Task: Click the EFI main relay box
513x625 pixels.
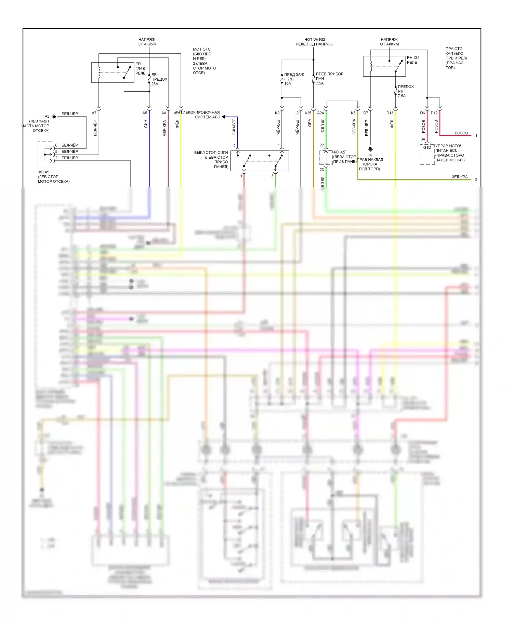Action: tap(113, 72)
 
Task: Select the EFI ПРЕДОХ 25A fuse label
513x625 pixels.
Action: tap(159, 79)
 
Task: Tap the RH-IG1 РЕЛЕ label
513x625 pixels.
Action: tap(413, 60)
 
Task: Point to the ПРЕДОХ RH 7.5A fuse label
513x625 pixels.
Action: tap(405, 91)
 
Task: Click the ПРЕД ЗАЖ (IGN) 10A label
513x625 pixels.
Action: tap(294, 79)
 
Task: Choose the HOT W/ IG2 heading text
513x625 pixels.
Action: tap(314, 39)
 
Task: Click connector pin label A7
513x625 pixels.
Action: tap(94, 113)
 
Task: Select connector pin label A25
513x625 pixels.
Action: tap(308, 113)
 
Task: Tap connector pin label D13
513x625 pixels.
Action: tap(390, 113)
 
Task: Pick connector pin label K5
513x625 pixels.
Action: tap(353, 113)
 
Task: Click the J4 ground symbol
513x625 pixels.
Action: tap(370, 149)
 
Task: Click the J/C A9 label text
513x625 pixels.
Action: tap(43, 172)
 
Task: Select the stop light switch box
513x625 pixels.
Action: tap(260, 161)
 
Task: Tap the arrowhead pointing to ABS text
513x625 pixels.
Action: tap(223, 117)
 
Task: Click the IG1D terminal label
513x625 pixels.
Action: tap(426, 147)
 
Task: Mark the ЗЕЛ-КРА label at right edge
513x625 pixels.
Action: tap(459, 177)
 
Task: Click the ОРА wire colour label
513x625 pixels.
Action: tap(310, 123)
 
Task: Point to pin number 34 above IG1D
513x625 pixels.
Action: tap(423, 139)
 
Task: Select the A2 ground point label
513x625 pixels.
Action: tap(47, 116)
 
